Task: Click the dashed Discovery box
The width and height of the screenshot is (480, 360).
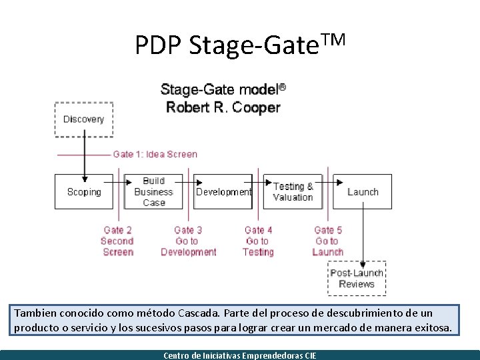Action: click(84, 119)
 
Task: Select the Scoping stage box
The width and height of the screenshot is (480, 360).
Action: click(84, 192)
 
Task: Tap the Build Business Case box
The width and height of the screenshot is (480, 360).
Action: click(153, 192)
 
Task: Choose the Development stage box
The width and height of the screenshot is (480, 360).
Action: click(223, 192)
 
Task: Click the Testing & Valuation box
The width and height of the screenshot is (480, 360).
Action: click(293, 192)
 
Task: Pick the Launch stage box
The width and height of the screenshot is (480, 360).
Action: click(363, 192)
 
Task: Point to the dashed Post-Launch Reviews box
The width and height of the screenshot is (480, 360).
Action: click(357, 279)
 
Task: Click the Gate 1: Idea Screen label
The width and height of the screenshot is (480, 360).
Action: click(155, 154)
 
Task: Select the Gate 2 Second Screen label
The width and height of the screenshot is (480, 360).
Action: click(117, 241)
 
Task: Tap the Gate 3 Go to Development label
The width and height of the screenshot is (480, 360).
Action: click(188, 241)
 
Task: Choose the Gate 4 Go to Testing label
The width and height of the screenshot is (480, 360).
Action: click(258, 241)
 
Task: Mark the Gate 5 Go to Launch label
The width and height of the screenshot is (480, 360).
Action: click(328, 241)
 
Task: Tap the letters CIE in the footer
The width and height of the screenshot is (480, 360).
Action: click(309, 355)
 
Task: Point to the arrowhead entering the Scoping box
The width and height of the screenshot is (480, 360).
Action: click(85, 178)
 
